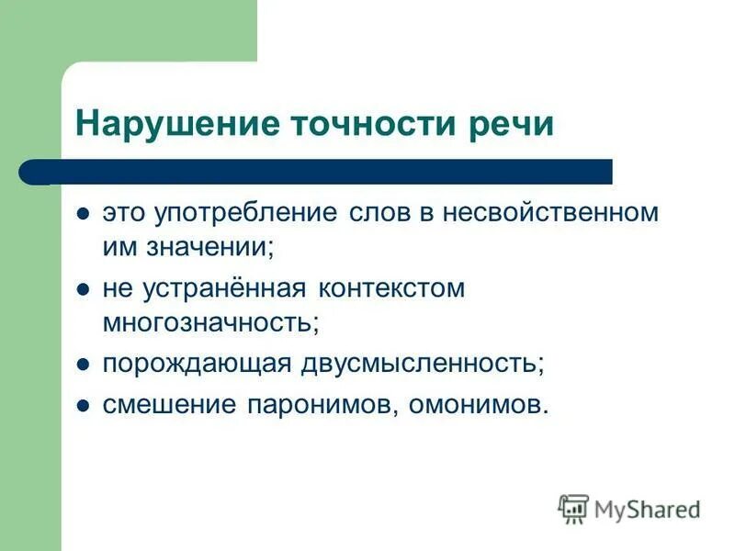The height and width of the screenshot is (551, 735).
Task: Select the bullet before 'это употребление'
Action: [84, 214]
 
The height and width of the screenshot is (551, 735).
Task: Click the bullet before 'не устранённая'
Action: [84, 289]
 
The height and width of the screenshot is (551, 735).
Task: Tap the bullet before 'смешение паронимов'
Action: [84, 405]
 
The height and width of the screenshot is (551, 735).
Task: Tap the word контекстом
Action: [391, 288]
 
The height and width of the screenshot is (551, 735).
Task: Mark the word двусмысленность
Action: [422, 364]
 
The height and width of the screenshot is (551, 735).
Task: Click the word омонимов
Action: [477, 404]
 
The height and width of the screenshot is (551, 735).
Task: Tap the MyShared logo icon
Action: [573, 508]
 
